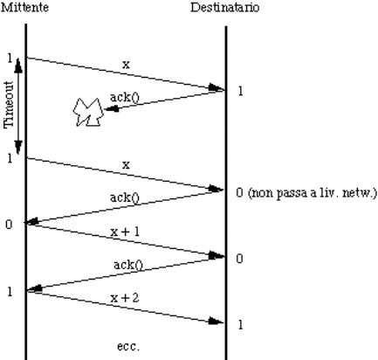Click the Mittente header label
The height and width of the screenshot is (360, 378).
(24, 7)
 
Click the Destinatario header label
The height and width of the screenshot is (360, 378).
(224, 7)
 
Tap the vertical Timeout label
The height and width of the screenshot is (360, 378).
(9, 105)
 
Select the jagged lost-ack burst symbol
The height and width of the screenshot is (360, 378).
(88, 113)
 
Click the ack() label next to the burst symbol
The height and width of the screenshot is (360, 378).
(125, 97)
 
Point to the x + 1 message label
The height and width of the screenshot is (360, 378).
(125, 232)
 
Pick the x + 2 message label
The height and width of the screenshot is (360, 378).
(125, 298)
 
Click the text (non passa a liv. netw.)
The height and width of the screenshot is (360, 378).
(313, 193)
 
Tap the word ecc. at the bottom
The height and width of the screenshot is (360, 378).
(128, 346)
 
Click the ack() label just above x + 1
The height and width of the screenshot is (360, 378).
(125, 197)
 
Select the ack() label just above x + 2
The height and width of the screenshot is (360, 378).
(128, 265)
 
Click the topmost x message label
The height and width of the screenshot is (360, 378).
(126, 65)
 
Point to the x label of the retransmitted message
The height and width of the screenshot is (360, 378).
(126, 165)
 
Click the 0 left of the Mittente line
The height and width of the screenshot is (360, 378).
(9, 225)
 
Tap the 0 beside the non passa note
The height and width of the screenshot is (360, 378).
(239, 193)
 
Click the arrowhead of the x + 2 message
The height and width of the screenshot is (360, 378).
(216, 322)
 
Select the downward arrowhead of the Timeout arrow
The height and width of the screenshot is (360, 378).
(18, 148)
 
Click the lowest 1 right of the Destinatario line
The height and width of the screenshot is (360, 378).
(240, 324)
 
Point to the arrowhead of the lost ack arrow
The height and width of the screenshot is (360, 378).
(111, 109)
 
